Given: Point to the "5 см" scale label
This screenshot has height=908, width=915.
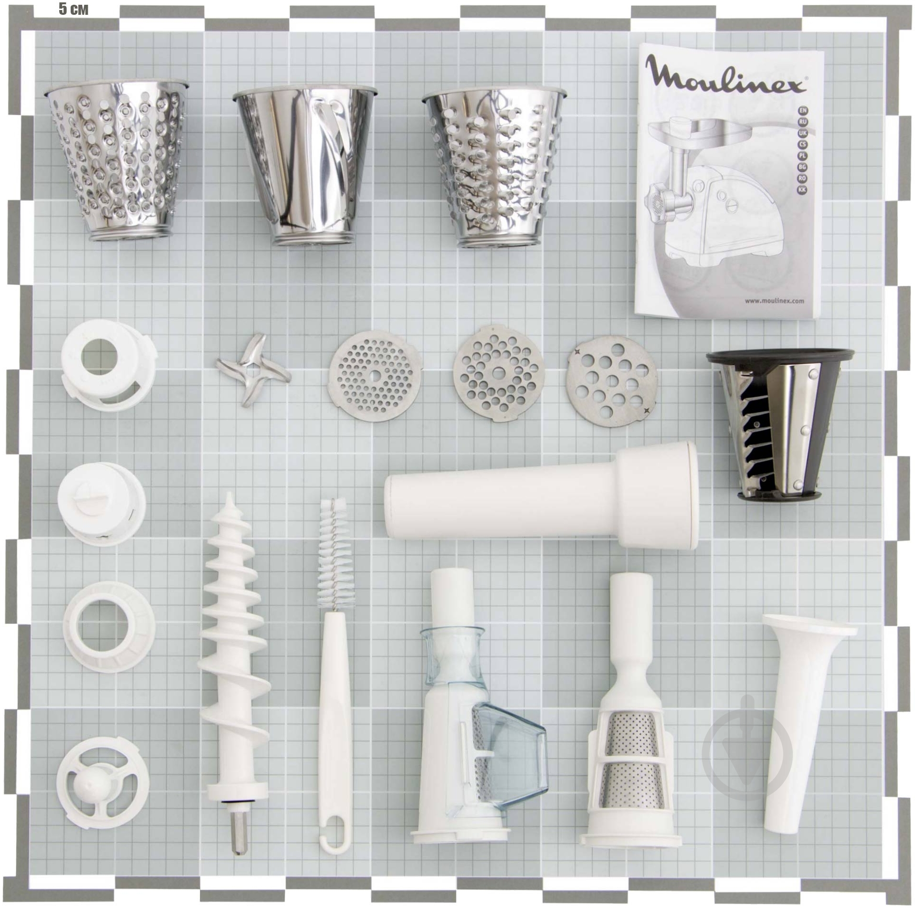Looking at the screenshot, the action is (x=74, y=9).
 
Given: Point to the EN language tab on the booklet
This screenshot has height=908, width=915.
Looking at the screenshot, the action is (x=802, y=110).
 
